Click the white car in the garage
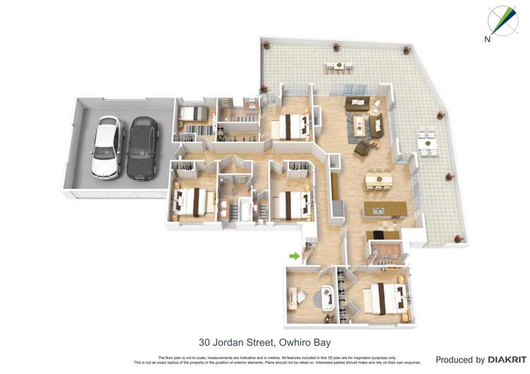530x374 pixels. [107, 146]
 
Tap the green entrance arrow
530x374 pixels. [294, 255]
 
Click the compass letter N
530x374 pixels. [488, 40]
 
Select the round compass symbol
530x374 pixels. [503, 20]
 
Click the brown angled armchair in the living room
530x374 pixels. [363, 148]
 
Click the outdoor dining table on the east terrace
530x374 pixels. [427, 145]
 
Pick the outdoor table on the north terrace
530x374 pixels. [338, 66]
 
